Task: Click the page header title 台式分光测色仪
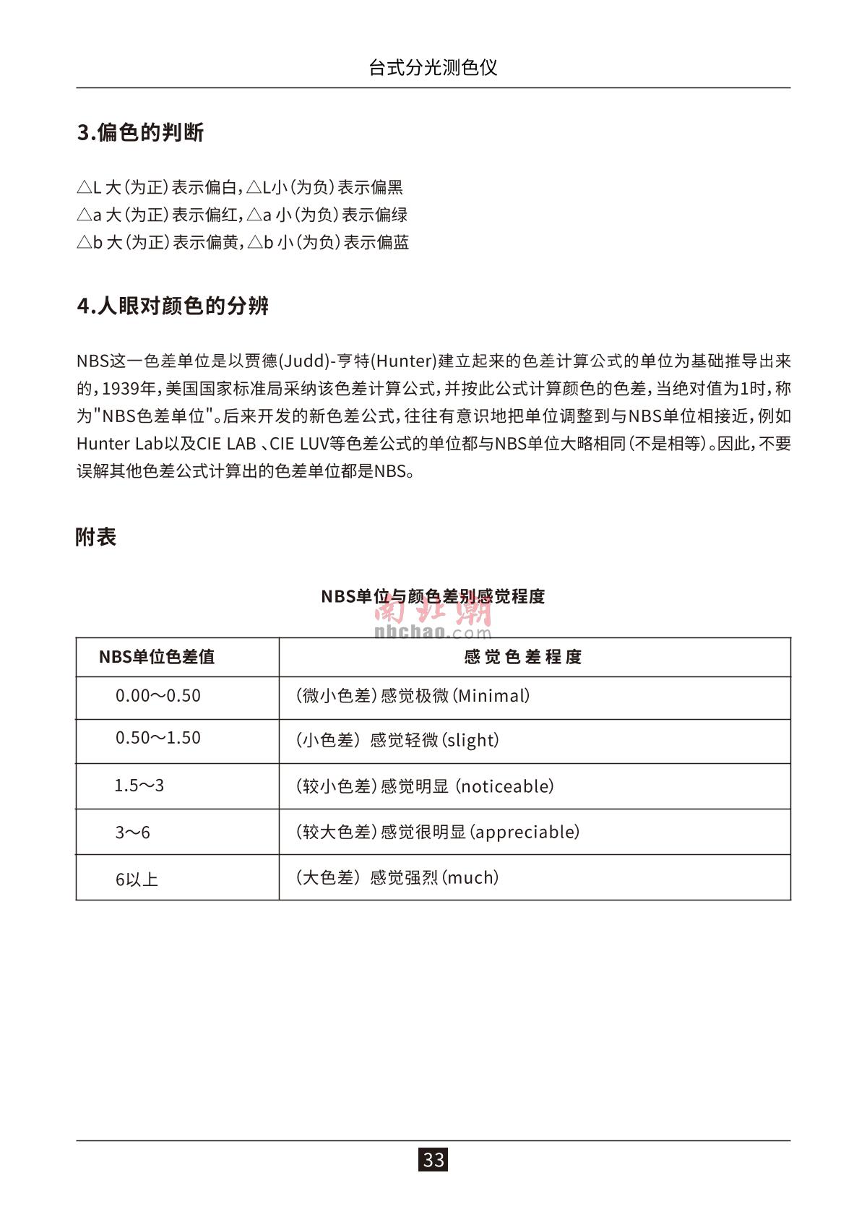click(433, 68)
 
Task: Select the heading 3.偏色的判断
click(140, 133)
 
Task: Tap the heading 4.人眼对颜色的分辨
click(173, 306)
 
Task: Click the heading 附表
click(95, 537)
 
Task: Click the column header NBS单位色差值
click(156, 657)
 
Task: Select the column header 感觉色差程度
click(522, 657)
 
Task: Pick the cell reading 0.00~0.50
click(158, 696)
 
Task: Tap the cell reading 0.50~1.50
click(158, 738)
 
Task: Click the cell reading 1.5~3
click(139, 786)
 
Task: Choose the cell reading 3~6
click(132, 833)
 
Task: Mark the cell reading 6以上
click(137, 879)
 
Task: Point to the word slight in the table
click(470, 740)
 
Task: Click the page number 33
click(433, 1160)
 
